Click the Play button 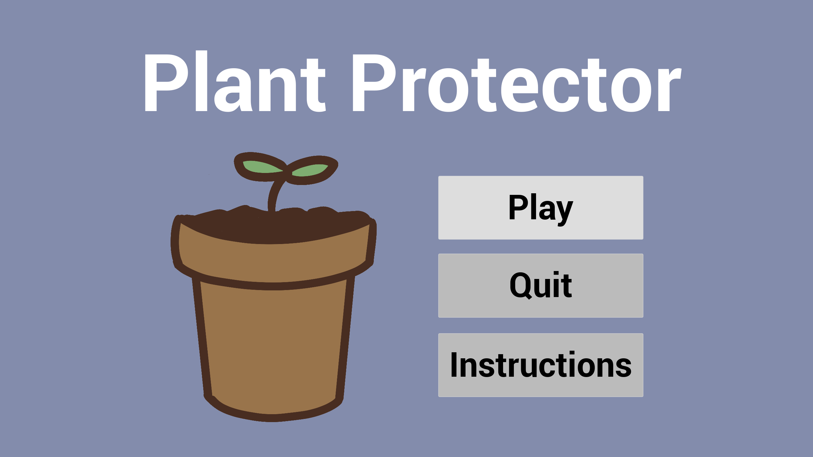point(541,208)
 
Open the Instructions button point(541,365)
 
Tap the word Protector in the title point(517,83)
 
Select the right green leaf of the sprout point(310,170)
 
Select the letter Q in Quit point(521,285)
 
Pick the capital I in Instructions point(454,365)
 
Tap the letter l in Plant point(201,81)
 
